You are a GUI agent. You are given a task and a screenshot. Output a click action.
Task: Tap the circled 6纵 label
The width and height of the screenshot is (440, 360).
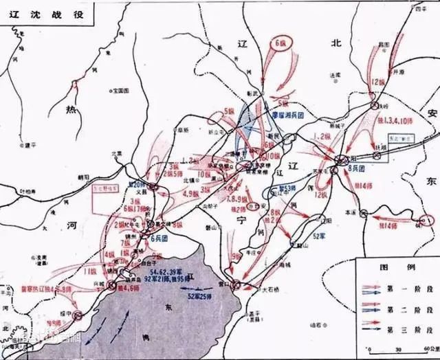tap(281, 43)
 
